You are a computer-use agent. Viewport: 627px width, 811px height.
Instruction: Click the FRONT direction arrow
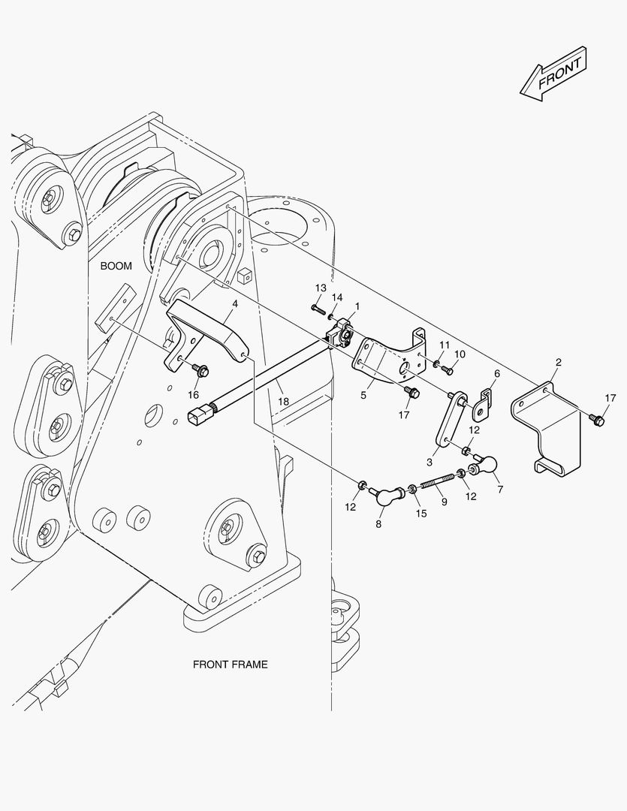tap(553, 74)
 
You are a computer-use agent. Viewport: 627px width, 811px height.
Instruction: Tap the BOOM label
tap(116, 266)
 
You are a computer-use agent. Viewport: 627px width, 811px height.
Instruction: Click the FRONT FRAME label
tap(230, 664)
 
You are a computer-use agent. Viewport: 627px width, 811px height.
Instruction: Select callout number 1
tap(357, 306)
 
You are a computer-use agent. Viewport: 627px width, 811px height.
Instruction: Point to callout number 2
tap(558, 363)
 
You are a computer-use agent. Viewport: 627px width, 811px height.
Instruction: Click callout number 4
tap(235, 303)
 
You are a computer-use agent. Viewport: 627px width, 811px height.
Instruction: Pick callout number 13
tap(321, 288)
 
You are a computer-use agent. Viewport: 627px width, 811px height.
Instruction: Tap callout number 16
tap(193, 394)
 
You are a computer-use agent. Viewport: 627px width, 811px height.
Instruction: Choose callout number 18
tap(283, 402)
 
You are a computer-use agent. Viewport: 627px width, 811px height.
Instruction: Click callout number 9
tap(443, 501)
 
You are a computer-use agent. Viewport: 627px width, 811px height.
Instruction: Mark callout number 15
tap(421, 513)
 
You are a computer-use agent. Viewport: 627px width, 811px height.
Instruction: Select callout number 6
tap(496, 373)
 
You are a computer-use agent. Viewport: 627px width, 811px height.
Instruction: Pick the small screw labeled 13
tap(317, 308)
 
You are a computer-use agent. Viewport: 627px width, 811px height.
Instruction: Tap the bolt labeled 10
tap(448, 369)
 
